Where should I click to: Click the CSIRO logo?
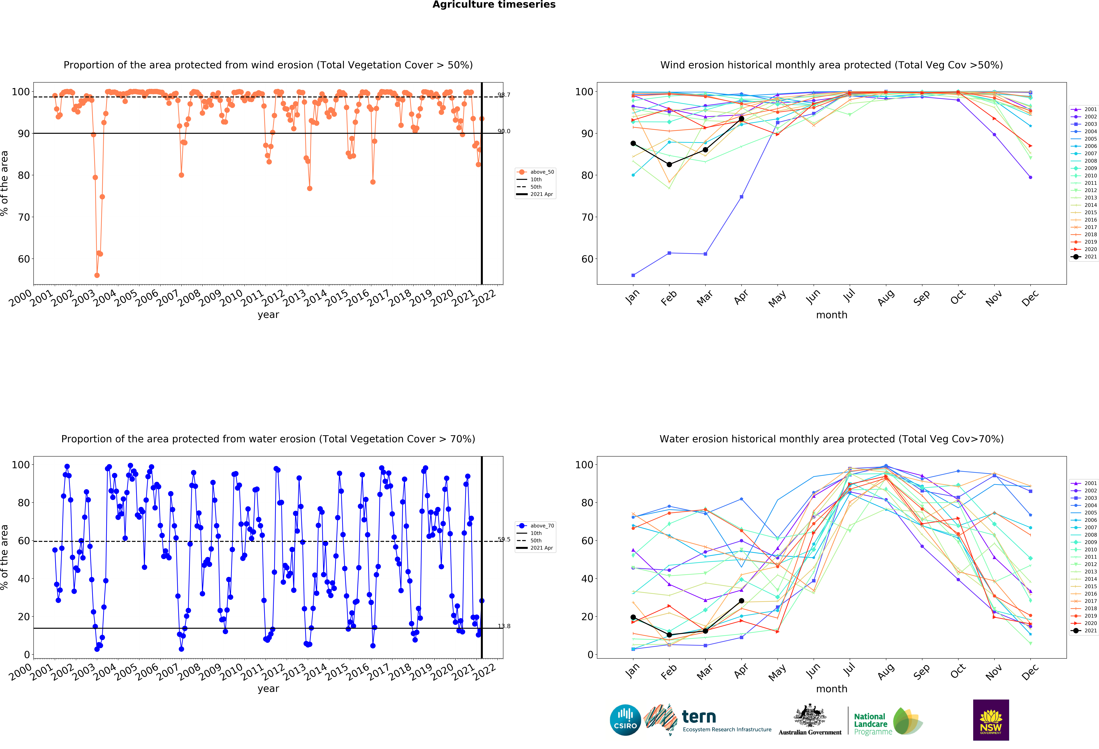pos(625,720)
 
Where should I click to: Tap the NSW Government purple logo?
pos(991,720)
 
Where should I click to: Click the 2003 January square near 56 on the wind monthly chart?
pos(633,275)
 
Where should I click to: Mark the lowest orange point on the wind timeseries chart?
pos(97,275)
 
